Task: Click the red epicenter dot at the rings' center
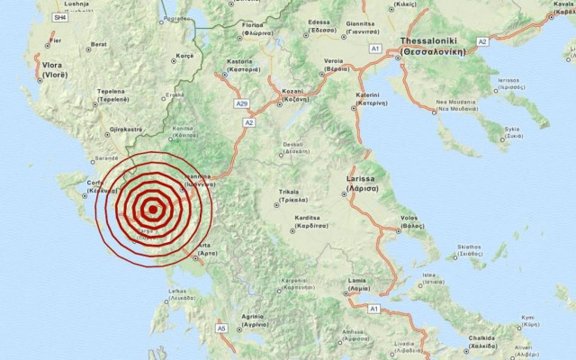pyautogui.click(x=153, y=211)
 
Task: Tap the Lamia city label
pyautogui.click(x=358, y=287)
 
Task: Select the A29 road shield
pyautogui.click(x=241, y=103)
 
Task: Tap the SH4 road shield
pyautogui.click(x=59, y=17)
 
